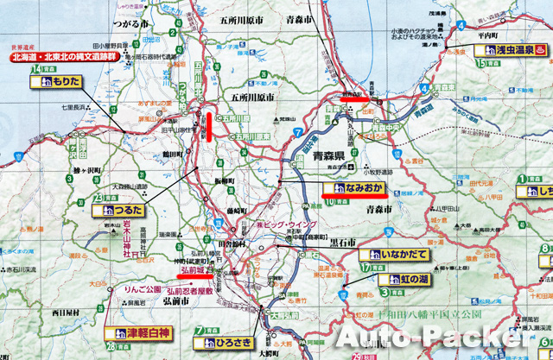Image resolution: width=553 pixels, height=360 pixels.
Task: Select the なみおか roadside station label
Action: pyautogui.click(x=353, y=187)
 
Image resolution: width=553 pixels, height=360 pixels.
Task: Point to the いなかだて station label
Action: pyautogui.click(x=397, y=256)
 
